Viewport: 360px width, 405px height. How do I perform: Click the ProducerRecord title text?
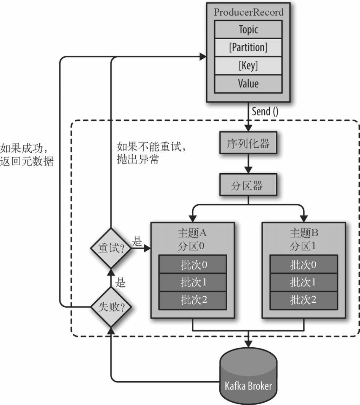(249, 12)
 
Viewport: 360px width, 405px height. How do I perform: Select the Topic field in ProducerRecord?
(249, 29)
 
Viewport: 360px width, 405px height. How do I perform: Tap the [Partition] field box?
(249, 47)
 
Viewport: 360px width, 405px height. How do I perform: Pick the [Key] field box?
(249, 66)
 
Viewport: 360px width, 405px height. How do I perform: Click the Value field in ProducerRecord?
(249, 84)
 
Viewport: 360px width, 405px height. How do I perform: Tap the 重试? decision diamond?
(110, 248)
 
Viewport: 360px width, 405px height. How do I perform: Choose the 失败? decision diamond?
(110, 307)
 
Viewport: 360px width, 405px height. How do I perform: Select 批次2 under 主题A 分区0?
(193, 300)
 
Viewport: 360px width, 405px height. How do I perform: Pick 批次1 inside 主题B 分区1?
(303, 282)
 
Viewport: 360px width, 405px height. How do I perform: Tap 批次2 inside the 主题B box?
(303, 300)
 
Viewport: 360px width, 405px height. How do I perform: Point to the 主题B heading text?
(304, 232)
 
